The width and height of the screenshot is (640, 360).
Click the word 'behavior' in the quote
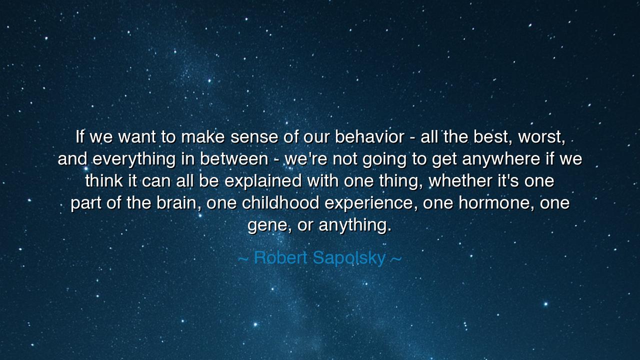click(x=369, y=136)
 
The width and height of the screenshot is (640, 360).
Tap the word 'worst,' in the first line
click(x=542, y=136)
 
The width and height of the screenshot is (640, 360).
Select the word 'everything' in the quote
click(x=134, y=159)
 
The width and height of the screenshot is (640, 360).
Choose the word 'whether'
click(x=460, y=180)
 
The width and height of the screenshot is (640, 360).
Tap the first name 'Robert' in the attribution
click(x=281, y=258)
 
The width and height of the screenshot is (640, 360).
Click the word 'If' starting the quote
click(x=79, y=136)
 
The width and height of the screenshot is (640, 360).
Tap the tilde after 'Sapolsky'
click(x=395, y=258)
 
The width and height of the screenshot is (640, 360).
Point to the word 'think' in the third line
click(x=103, y=180)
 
